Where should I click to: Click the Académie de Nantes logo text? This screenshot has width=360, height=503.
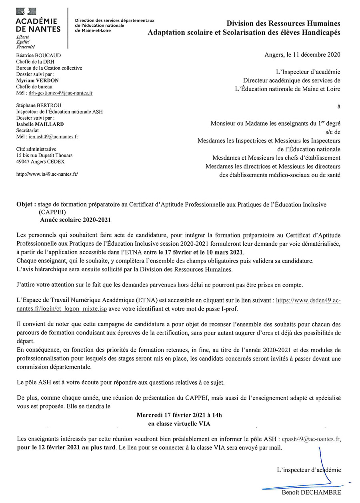coord(38,25)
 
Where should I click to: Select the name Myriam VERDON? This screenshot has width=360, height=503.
coord(37,80)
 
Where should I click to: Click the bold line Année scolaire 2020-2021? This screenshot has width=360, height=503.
coord(75,220)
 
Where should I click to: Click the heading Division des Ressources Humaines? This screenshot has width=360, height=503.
coord(284,24)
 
